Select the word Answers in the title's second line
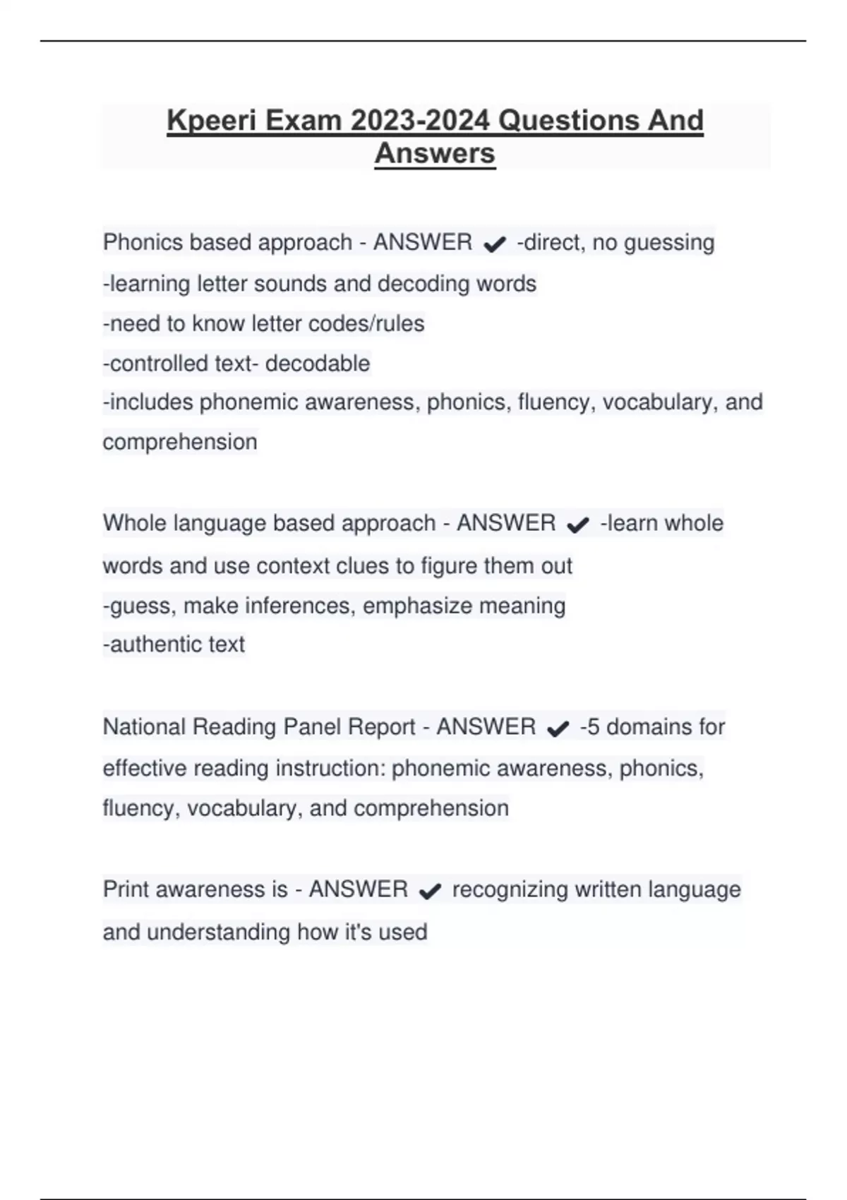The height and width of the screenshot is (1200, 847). (x=435, y=153)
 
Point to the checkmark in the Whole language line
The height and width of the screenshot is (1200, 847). (x=577, y=525)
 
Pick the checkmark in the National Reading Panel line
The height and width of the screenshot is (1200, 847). (x=558, y=728)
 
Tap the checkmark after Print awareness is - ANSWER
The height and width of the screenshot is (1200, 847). (x=430, y=892)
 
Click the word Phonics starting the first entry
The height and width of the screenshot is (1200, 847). (x=143, y=242)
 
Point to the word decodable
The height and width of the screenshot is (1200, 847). (x=318, y=364)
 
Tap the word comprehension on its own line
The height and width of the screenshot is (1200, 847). (x=180, y=443)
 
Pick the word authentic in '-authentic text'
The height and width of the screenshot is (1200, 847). (x=146, y=644)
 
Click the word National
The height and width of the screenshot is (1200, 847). (x=144, y=727)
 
